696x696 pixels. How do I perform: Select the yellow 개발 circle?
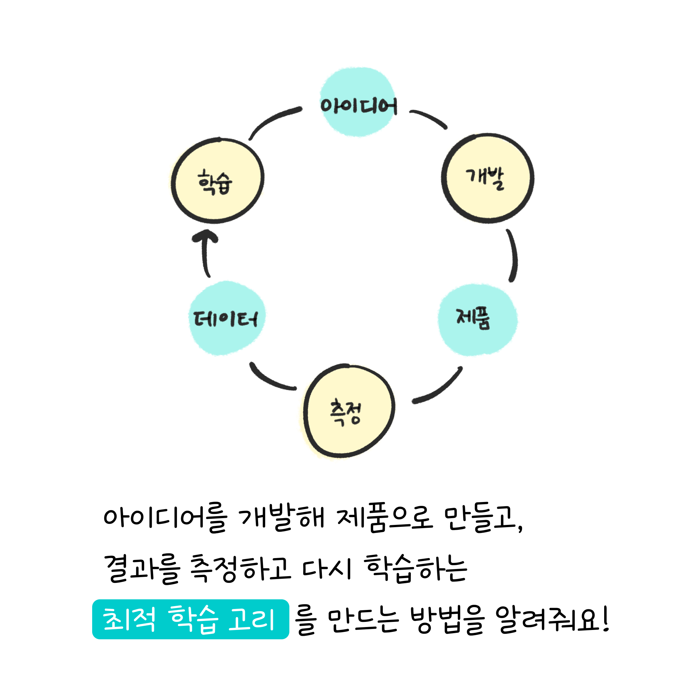(x=488, y=178)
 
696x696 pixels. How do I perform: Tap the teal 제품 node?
(x=478, y=320)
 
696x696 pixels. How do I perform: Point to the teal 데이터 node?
(x=227, y=318)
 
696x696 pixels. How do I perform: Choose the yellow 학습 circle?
(x=217, y=180)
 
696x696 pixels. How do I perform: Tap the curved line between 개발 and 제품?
(x=515, y=255)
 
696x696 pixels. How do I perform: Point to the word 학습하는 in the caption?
(x=416, y=568)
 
